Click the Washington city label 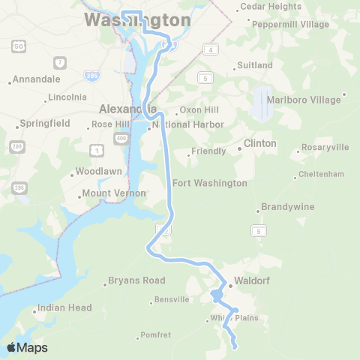pyautogui.click(x=137, y=19)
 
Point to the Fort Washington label pyautogui.click(x=209, y=183)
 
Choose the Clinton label pyautogui.click(x=260, y=143)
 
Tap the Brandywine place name pyautogui.click(x=288, y=207)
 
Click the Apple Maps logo pyautogui.click(x=27, y=347)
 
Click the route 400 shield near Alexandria pyautogui.click(x=121, y=139)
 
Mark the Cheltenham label pyautogui.click(x=320, y=174)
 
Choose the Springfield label pyautogui.click(x=45, y=123)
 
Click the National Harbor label pyautogui.click(x=187, y=124)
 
